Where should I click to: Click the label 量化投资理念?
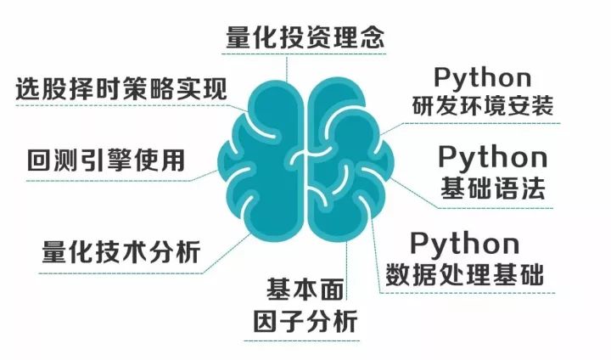[305, 37]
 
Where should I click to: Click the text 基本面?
[306, 289]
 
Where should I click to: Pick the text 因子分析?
[306, 323]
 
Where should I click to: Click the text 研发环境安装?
[482, 108]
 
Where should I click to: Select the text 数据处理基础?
[465, 274]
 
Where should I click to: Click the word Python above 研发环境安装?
[482, 77]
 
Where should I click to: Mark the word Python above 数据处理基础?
[465, 243]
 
